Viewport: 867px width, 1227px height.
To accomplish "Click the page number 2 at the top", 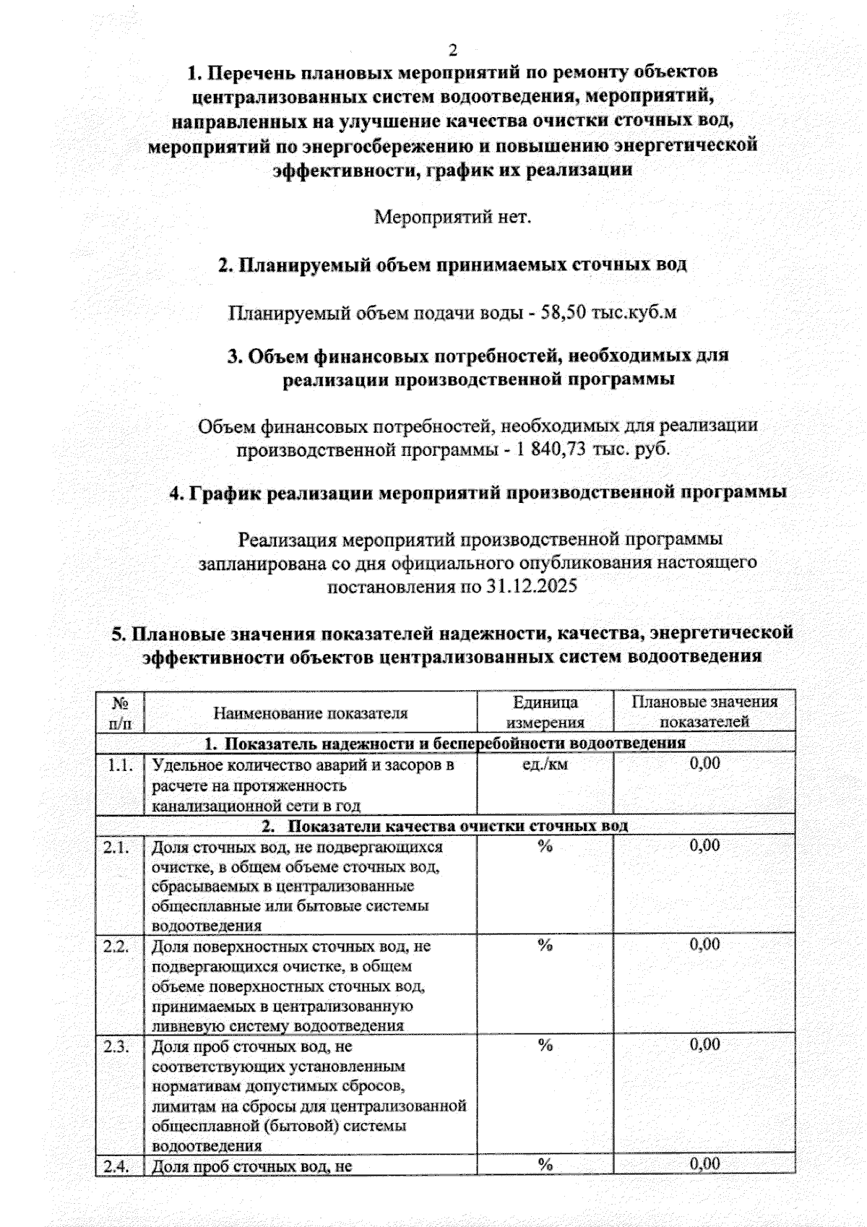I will tap(453, 50).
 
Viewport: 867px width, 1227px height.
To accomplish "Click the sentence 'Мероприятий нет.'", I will tap(452, 217).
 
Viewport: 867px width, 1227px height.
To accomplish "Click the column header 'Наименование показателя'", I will tap(310, 713).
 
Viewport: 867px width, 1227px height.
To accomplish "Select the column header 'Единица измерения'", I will tap(545, 712).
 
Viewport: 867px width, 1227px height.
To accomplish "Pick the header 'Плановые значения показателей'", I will tap(704, 712).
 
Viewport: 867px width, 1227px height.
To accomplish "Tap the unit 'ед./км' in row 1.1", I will tap(545, 764).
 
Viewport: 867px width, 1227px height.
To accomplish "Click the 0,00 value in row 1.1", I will tap(704, 764).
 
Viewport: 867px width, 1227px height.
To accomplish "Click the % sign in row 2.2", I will tap(545, 946).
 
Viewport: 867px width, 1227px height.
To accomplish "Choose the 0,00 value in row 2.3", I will tap(704, 1044).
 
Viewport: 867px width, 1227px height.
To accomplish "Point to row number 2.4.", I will tap(116, 1165).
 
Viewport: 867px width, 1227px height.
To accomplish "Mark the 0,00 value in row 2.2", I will tap(704, 945).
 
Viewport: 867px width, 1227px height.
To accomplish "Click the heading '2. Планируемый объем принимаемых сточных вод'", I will tap(452, 265).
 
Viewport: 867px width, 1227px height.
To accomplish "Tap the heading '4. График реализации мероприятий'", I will tap(478, 493).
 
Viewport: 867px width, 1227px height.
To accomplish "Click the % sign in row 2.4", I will tap(545, 1164).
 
